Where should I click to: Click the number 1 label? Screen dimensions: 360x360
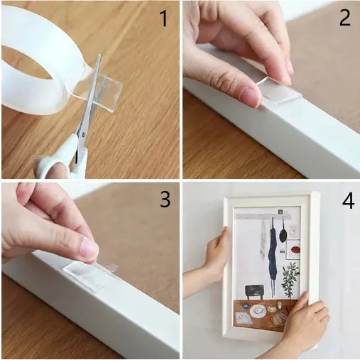164,18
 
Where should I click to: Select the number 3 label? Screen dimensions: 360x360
164,200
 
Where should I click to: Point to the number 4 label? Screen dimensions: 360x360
347,201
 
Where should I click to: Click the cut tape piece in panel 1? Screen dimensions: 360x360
105,91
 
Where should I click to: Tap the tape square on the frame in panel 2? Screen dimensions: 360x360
279,91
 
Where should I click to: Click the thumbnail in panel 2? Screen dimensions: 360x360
249,94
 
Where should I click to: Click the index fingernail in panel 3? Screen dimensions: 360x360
89,249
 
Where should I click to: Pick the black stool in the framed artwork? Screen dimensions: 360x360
253,291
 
